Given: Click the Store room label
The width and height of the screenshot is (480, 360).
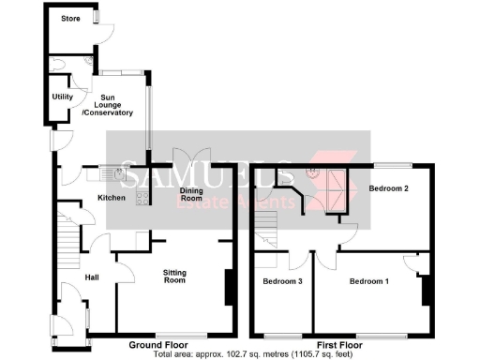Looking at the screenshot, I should click(x=70, y=18).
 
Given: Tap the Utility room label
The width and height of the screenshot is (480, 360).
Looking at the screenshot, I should click(x=63, y=97).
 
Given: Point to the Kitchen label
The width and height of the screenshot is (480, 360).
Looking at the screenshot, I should click(x=112, y=198).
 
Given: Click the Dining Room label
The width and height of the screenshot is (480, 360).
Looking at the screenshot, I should click(x=191, y=194).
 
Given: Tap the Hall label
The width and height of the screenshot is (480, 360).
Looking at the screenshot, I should click(x=92, y=277).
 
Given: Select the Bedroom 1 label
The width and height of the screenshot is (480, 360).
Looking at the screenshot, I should click(x=368, y=281).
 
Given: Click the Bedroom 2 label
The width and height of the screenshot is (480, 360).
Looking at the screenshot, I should click(x=388, y=188).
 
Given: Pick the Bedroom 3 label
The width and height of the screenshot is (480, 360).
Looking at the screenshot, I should click(x=282, y=281).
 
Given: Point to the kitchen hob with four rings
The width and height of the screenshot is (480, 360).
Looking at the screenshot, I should click(x=142, y=196).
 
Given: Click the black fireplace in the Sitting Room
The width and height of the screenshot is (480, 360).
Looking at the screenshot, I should click(x=228, y=287).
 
